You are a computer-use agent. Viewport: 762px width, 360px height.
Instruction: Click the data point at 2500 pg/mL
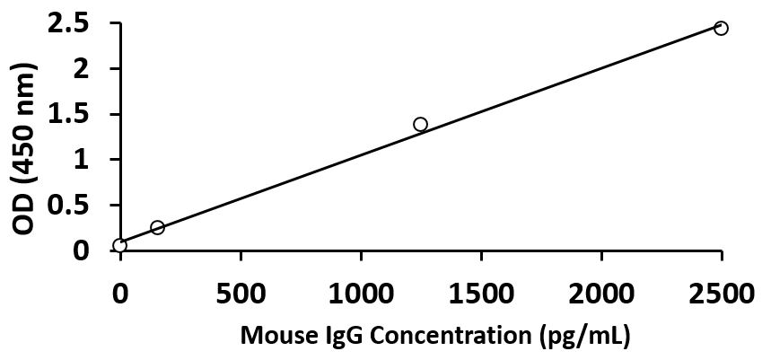pos(721,28)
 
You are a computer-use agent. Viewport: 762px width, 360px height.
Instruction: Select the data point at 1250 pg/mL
pos(420,124)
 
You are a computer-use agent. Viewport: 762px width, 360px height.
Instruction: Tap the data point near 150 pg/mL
pos(157,227)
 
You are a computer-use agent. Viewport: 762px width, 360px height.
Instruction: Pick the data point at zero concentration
pos(120,245)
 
